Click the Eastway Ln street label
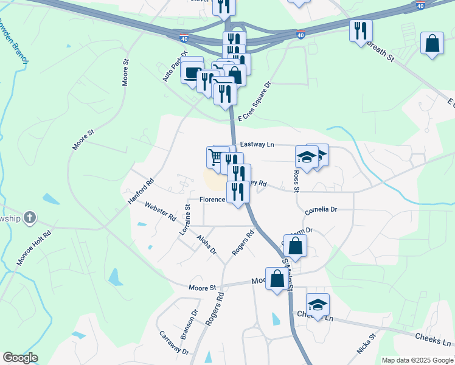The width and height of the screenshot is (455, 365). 257,145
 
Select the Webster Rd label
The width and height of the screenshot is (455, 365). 161,212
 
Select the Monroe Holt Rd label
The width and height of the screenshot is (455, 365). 34,248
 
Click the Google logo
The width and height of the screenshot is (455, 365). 20,358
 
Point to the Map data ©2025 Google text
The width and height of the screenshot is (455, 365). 417,360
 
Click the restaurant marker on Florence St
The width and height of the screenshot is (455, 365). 237,192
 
